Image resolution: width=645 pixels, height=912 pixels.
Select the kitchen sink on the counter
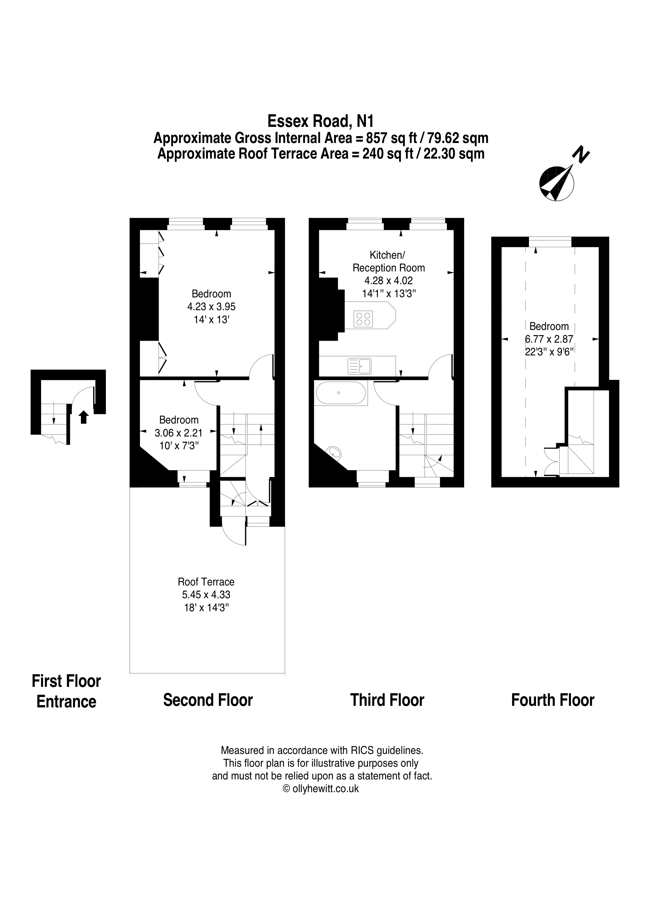point(359,366)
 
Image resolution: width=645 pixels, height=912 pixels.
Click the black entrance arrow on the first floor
point(84,417)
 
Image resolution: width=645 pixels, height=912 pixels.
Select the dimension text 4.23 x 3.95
point(212,307)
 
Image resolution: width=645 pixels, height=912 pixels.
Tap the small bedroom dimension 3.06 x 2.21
point(178,433)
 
